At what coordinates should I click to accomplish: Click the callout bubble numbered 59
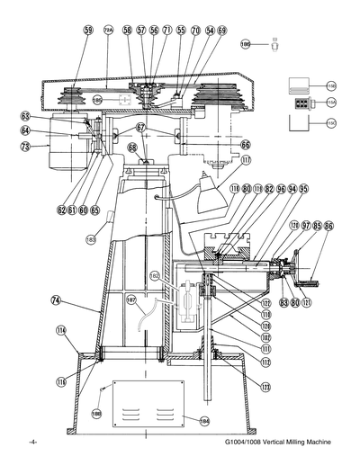pyautogui.click(x=87, y=31)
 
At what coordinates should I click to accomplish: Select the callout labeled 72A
pyautogui.click(x=109, y=31)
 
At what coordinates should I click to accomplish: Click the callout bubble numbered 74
pyautogui.click(x=56, y=300)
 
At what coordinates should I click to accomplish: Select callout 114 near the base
pyautogui.click(x=61, y=330)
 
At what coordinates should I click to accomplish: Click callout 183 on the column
pyautogui.click(x=91, y=240)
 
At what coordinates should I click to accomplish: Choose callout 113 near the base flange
pyautogui.click(x=265, y=388)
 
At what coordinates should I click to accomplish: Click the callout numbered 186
pyautogui.click(x=246, y=41)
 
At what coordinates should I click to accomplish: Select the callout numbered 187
pyautogui.click(x=132, y=299)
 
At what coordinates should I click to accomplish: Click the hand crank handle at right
pyautogui.click(x=316, y=270)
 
